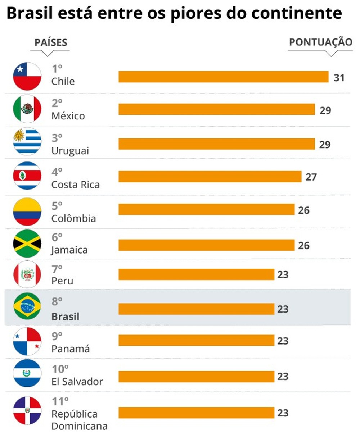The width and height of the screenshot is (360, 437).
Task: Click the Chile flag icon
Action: coord(27,76)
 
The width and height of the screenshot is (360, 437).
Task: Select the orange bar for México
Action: coord(216,109)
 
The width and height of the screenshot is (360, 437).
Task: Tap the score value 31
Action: coord(339,78)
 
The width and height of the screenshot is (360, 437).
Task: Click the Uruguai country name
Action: coord(70,151)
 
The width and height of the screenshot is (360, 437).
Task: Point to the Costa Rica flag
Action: coord(27,176)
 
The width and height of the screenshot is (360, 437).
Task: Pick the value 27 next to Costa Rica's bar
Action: coord(311,177)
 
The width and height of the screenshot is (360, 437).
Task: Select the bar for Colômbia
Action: coord(206,209)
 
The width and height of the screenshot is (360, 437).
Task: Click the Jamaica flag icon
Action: coord(27,243)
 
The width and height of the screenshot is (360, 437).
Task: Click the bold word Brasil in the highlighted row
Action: coord(65,317)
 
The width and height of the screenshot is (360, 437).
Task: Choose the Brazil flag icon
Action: coord(27,306)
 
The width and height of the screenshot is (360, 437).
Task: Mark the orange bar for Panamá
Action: coord(196,340)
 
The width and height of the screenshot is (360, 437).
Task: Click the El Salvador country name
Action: coord(77,382)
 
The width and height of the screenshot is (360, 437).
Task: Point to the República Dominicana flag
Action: coord(27,410)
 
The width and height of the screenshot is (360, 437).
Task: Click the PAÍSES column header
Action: coord(51,42)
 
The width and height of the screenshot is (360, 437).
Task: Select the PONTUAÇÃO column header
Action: coord(320,42)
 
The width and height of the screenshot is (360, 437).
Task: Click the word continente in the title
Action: coord(296,14)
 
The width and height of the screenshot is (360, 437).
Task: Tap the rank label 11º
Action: coord(60,401)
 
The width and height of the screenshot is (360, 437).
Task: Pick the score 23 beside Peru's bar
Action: coord(283,275)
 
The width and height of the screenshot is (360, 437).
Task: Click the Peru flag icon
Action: coord(27,274)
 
